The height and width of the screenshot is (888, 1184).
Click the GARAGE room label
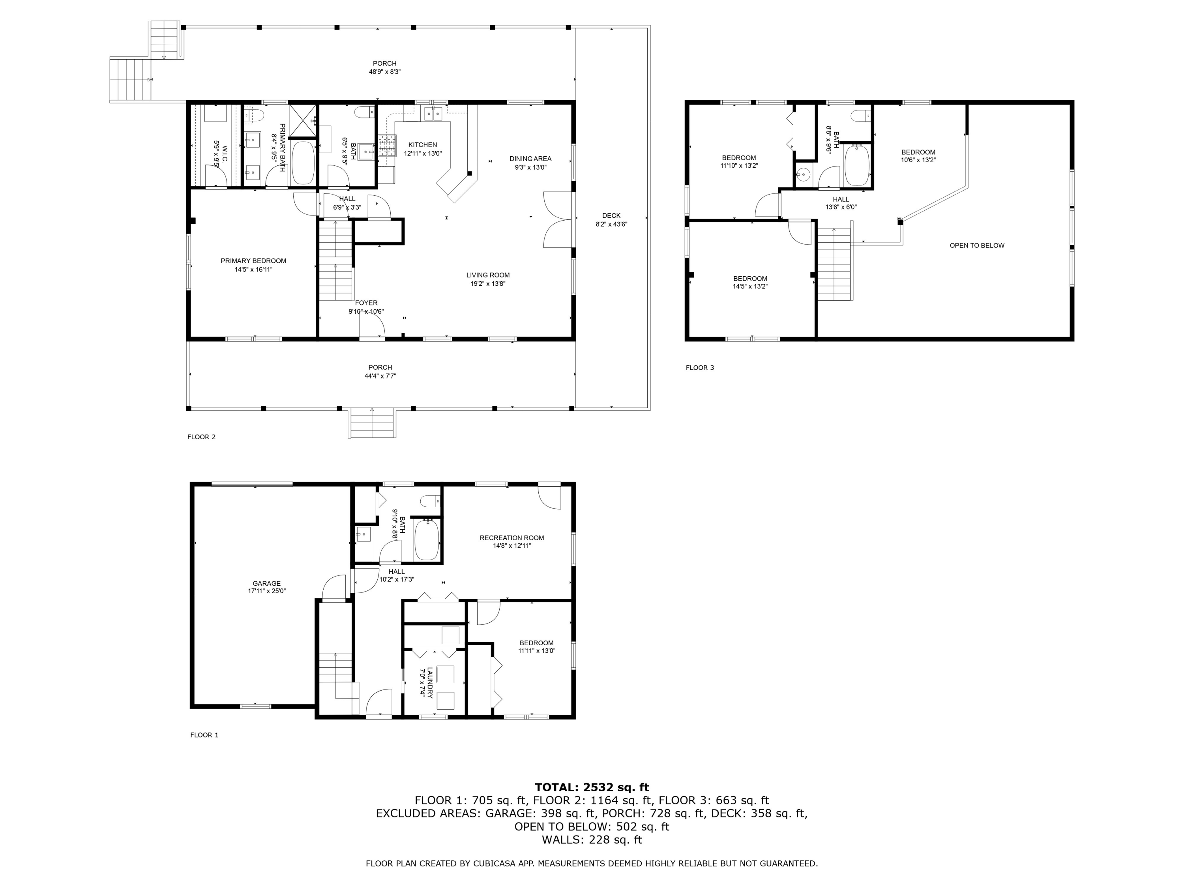[266, 583]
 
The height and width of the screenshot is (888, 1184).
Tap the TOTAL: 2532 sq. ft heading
[592, 787]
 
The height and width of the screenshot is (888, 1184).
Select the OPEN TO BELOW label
[976, 246]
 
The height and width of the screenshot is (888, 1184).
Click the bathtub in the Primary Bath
[303, 163]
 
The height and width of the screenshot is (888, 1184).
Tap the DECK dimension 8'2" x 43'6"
[611, 224]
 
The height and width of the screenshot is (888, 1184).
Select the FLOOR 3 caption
[700, 368]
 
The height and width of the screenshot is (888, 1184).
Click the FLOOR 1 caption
[204, 735]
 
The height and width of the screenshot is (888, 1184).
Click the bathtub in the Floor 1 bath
[427, 540]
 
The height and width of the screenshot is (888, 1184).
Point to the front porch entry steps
[373, 423]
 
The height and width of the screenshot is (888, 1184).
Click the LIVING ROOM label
[488, 275]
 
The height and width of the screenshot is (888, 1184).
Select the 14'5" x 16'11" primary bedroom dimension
[253, 270]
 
